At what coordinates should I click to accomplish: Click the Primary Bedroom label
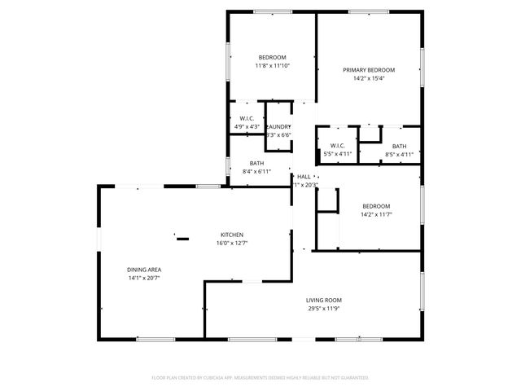click(368, 70)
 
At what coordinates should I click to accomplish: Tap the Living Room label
click(323, 301)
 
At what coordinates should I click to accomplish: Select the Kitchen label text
click(231, 235)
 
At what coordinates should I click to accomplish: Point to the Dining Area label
click(142, 270)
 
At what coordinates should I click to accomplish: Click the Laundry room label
click(278, 126)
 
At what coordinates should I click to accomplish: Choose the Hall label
click(304, 177)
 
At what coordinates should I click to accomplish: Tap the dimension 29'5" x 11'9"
click(323, 310)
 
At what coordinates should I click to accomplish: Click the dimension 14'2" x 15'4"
click(368, 79)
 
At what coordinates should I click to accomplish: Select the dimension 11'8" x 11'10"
click(273, 66)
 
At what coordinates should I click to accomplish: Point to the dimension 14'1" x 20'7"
click(142, 279)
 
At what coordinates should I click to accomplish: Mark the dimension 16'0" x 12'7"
click(231, 243)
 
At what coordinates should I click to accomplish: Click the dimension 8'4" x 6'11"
click(256, 172)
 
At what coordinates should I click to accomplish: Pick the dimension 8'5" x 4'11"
click(399, 154)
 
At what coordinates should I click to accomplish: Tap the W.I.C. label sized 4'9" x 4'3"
click(247, 118)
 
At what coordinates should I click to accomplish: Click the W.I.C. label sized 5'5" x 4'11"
click(337, 146)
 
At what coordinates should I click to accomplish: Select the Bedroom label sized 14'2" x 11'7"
click(376, 206)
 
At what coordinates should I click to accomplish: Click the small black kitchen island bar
click(182, 239)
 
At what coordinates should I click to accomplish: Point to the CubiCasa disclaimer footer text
click(260, 378)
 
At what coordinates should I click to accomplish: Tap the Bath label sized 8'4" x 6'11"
click(256, 163)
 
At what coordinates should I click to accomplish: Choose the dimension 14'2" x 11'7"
click(376, 214)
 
